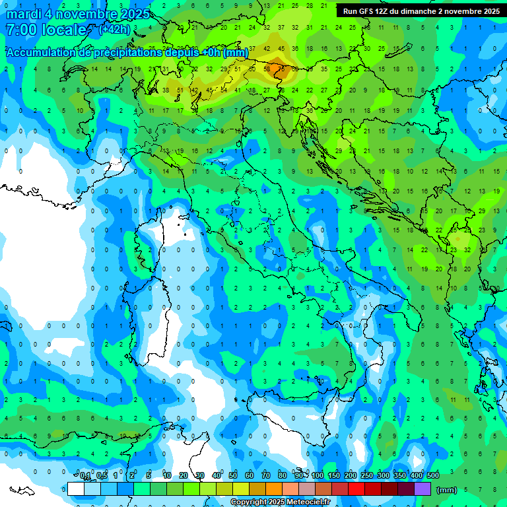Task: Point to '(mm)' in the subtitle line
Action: click(x=236, y=53)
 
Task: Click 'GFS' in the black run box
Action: click(x=374, y=11)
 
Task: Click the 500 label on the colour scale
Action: click(x=433, y=475)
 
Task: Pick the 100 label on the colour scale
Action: click(x=318, y=475)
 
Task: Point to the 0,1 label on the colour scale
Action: click(x=85, y=475)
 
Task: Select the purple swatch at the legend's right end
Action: click(x=422, y=489)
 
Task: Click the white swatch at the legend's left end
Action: click(x=76, y=489)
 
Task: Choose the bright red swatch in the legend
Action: click(x=356, y=489)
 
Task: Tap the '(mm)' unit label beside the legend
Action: click(x=447, y=490)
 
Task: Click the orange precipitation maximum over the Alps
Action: click(x=276, y=66)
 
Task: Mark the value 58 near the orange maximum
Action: click(x=267, y=69)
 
